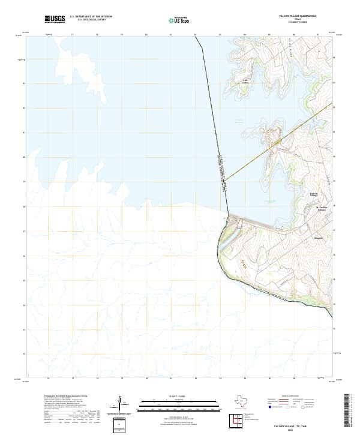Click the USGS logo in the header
pos(55,19)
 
